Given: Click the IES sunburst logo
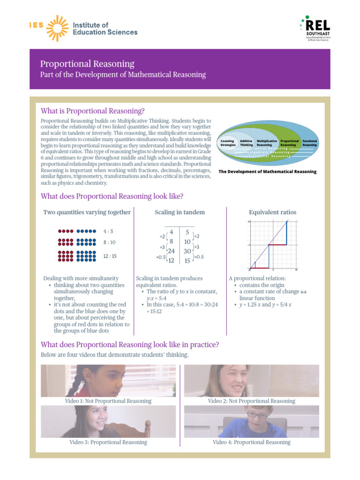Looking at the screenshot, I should (x=55, y=28).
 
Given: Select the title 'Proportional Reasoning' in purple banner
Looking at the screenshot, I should (x=87, y=64).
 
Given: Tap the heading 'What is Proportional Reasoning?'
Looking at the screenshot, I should (x=93, y=111).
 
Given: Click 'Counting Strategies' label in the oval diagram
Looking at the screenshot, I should (x=228, y=142).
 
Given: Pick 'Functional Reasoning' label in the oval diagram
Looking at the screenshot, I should (x=309, y=142).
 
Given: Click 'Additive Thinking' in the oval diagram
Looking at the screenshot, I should (x=246, y=142).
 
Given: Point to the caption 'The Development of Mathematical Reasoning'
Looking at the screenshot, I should (x=268, y=172).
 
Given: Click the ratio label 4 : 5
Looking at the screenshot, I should (x=108, y=231).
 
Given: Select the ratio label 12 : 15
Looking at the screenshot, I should (x=110, y=256).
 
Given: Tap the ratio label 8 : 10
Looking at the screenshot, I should (x=109, y=242).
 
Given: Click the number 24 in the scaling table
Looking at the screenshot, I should (x=171, y=251).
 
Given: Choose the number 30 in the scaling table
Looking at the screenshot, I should (x=187, y=251).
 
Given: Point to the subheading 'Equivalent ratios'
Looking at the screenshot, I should (x=272, y=212).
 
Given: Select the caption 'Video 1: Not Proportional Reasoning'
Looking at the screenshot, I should (x=108, y=401).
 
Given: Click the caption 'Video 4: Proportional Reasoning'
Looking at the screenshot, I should (x=251, y=442).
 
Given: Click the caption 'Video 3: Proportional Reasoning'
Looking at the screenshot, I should (x=108, y=442).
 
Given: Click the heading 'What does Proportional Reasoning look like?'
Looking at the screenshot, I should (x=112, y=196).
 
